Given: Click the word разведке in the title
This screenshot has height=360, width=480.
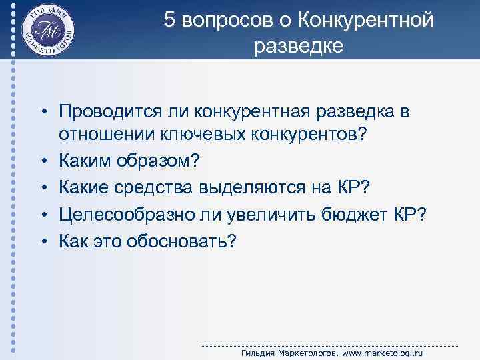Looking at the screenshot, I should [x=298, y=46].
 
